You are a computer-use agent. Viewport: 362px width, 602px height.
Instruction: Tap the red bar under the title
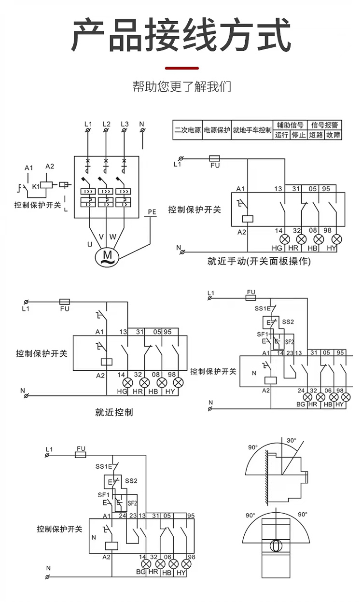click(181, 68)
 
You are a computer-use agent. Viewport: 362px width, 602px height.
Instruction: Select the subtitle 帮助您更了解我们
click(181, 87)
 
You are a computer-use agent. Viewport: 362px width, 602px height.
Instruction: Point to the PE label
click(152, 212)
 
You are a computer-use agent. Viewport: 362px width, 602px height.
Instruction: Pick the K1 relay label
click(35, 186)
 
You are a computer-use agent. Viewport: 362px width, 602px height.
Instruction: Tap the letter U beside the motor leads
click(90, 244)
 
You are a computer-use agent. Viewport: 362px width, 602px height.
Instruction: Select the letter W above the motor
click(112, 237)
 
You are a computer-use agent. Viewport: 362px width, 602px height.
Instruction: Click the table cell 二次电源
click(187, 130)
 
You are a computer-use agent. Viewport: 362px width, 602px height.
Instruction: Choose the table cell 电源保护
click(217, 130)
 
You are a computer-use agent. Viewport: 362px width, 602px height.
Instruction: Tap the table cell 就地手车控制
click(252, 130)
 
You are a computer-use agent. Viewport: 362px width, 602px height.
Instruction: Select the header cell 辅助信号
click(290, 125)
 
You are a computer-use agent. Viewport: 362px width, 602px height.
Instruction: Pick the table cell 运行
click(281, 135)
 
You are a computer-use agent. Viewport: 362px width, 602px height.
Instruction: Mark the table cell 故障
click(333, 135)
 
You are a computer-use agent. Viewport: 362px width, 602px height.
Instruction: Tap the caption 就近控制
click(113, 412)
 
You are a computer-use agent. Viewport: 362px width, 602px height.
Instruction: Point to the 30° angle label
click(291, 441)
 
